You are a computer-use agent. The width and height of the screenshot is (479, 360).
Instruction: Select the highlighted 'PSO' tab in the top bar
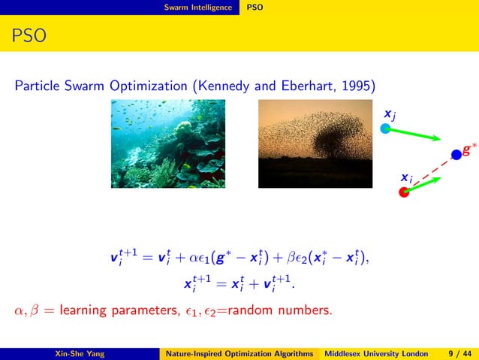tap(255, 8)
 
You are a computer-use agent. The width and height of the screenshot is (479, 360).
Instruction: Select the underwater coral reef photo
tap(164, 143)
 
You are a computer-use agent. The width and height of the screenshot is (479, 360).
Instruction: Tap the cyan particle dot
tap(385, 129)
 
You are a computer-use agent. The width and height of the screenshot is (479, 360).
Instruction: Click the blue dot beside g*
tap(455, 155)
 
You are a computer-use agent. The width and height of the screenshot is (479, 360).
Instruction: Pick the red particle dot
tap(404, 192)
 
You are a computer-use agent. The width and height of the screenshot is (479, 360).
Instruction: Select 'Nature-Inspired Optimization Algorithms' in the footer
tap(240, 352)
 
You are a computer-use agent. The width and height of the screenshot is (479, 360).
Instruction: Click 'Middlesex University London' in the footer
tap(375, 352)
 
